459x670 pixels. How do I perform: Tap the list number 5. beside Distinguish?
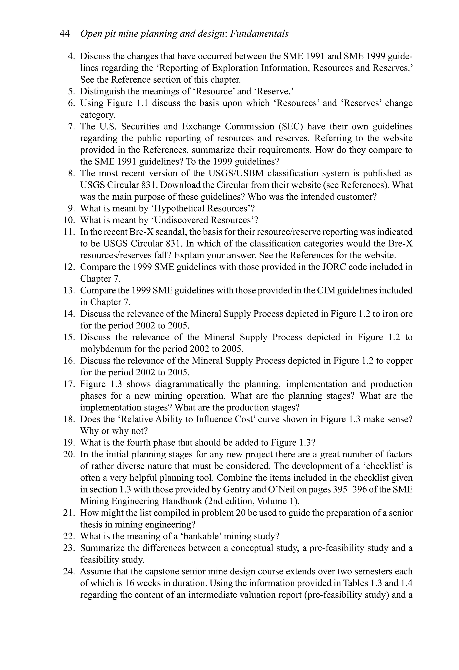tap(71, 91)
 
